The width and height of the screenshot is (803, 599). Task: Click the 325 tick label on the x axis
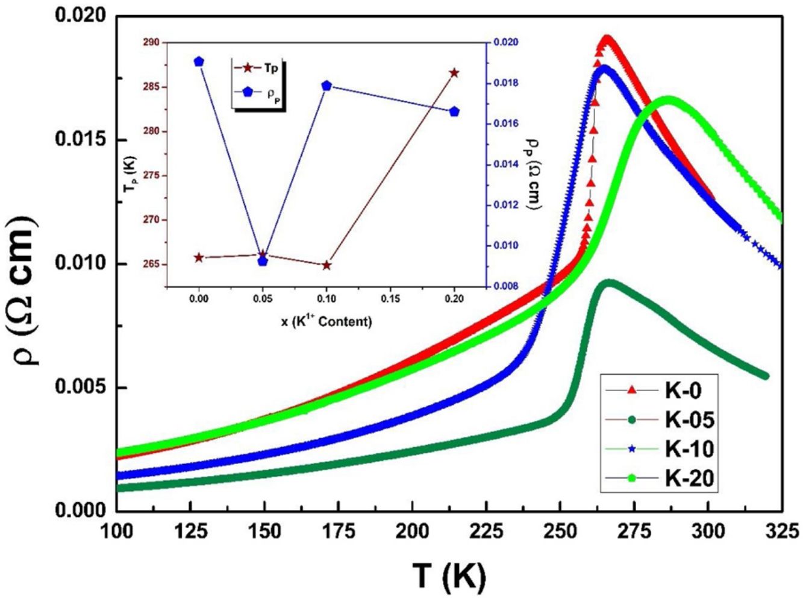(x=781, y=531)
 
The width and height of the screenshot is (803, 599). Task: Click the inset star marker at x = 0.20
(x=454, y=73)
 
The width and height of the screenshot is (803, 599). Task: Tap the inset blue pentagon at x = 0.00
(x=199, y=61)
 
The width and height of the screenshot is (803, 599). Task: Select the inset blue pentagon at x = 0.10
(x=327, y=86)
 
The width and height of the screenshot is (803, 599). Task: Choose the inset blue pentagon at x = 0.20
(x=455, y=111)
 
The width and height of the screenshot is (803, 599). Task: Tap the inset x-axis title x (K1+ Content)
(x=326, y=322)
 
